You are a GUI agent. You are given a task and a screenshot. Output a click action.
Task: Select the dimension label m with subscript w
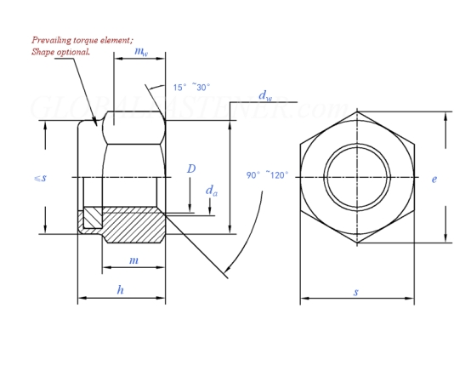(141, 51)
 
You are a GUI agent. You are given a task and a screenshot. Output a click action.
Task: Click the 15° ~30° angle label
(191, 87)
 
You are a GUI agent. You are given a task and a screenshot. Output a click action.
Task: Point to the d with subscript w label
(265, 96)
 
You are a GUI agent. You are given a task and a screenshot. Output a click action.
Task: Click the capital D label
(191, 169)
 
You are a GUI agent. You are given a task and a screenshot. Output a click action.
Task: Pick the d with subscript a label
(212, 191)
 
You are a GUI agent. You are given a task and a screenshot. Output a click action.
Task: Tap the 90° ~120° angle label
(267, 174)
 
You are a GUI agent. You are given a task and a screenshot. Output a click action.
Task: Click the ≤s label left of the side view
(40, 178)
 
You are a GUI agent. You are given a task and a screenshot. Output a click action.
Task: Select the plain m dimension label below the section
(133, 260)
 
